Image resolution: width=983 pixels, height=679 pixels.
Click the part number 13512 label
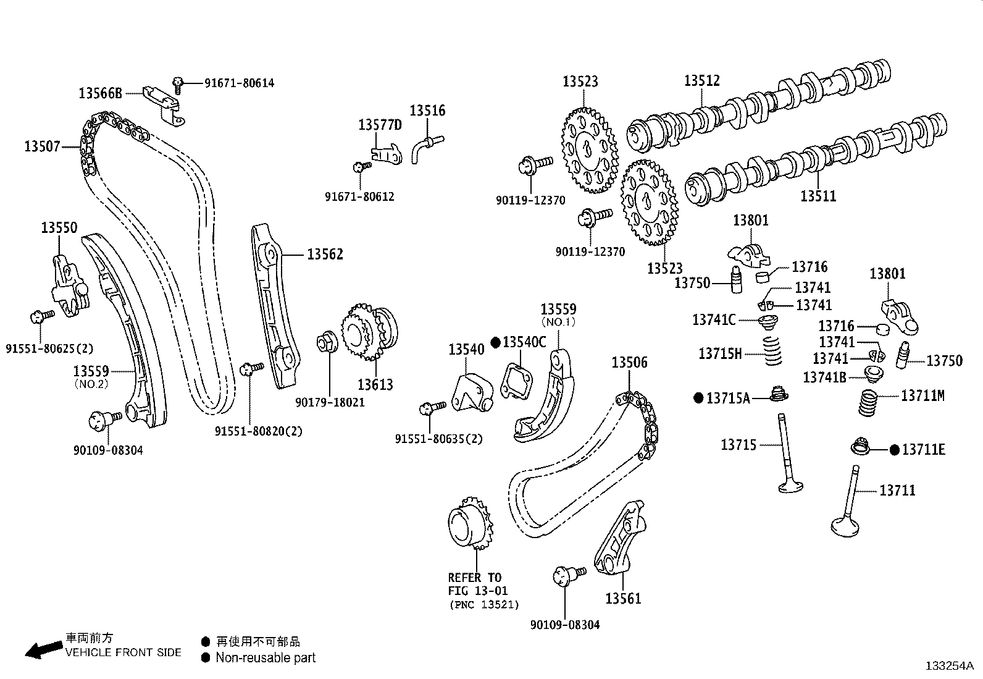[x=701, y=81]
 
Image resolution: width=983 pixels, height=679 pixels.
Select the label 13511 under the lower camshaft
[x=818, y=196]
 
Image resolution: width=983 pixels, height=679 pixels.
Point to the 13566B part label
[x=101, y=93]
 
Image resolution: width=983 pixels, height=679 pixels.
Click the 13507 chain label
[x=42, y=146]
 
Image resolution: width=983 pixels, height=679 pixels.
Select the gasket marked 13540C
[x=517, y=381]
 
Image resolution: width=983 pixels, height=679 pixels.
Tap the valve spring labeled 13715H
[x=772, y=351]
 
